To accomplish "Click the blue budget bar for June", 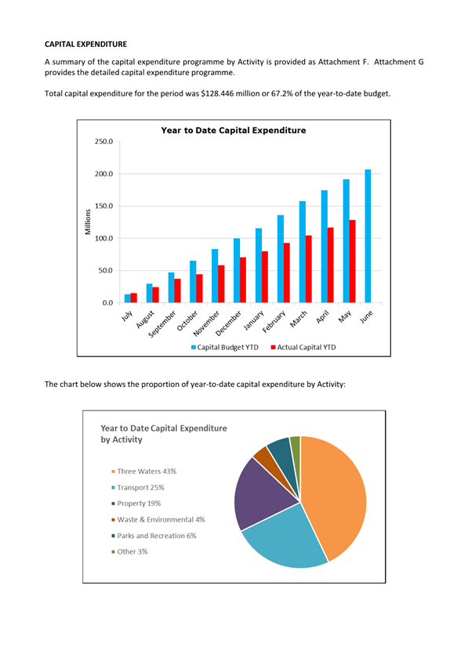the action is pos(368,236).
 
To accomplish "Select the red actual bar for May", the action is pos(352,262).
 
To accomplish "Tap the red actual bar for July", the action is pos(134,298).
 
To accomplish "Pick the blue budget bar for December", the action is pos(237,271).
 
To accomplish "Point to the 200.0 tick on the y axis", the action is pos(103,174).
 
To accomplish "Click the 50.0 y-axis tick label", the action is pos(106,271).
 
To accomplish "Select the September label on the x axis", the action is pos(162,324).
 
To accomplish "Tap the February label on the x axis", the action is pos(274,322).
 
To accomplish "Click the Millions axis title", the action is pos(88,222).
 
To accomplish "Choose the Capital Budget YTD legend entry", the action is pos(225,348).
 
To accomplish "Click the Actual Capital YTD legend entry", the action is pos(303,348).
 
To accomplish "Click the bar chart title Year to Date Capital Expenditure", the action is pos(234,130).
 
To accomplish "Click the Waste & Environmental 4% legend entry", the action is pos(158,520).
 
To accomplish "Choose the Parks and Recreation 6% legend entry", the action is pos(154,536).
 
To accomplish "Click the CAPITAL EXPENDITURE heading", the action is pos(85,45).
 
